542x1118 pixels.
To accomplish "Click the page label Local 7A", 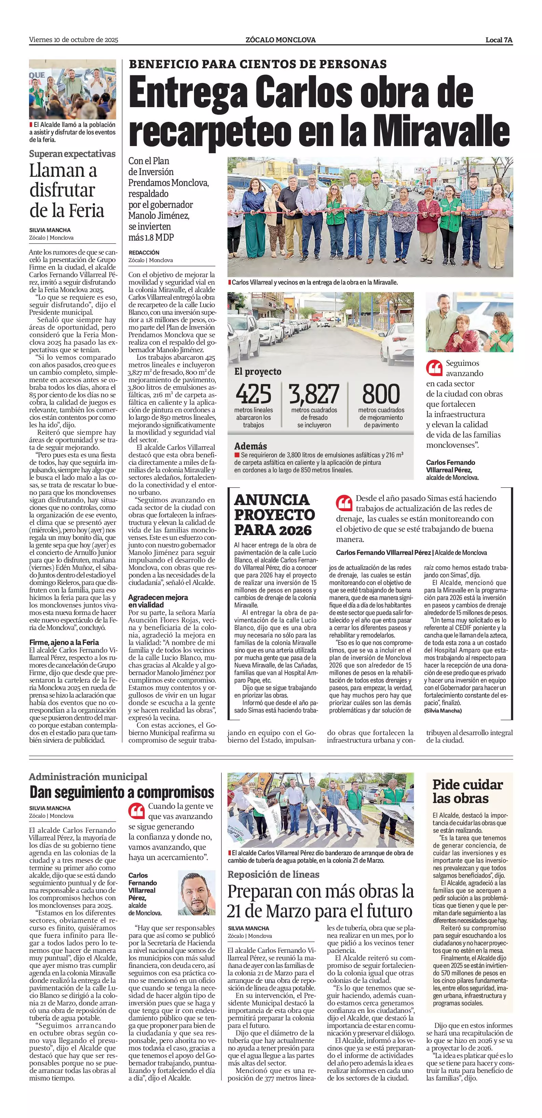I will click(499, 40).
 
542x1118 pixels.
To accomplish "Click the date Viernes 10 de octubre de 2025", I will click(73, 40).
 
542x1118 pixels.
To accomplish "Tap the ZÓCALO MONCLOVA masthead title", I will click(280, 40).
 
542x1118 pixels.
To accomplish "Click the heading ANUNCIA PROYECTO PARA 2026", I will click(275, 515).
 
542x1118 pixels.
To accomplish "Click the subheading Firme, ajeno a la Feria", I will click(64, 642).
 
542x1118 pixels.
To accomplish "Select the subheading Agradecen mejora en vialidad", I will click(158, 601).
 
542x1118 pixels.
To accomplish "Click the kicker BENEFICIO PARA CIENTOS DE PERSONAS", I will click(258, 64).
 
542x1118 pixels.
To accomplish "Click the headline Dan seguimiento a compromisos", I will click(122, 792).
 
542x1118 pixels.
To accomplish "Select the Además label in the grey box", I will click(251, 446).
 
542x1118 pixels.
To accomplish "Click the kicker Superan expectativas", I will click(72, 154).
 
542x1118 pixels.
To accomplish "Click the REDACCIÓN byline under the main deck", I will click(144, 252).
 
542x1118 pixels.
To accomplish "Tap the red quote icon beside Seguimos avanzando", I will click(434, 368).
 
